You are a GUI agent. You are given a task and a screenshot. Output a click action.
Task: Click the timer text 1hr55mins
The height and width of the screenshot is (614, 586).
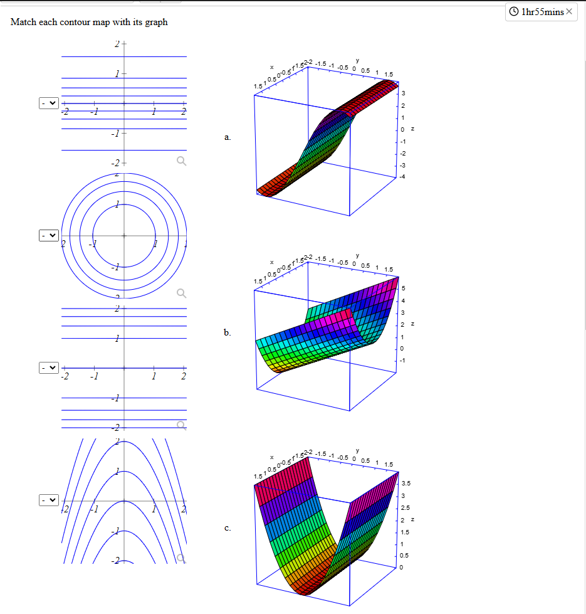542,11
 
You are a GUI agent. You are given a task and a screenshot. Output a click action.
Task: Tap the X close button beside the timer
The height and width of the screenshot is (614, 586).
569,11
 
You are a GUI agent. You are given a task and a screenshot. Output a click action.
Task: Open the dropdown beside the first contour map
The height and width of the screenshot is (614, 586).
48,102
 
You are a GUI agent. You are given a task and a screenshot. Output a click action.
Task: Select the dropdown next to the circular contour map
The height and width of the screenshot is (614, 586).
48,235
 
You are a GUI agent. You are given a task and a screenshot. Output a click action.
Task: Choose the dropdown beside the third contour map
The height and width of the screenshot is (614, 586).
48,368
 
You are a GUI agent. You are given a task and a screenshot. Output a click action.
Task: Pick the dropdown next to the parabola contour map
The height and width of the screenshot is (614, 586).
48,500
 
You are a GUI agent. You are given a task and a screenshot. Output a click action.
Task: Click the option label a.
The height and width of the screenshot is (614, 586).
228,137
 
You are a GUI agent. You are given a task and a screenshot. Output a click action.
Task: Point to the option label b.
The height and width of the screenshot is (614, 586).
228,332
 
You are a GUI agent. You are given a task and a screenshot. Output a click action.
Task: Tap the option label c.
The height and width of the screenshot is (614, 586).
228,528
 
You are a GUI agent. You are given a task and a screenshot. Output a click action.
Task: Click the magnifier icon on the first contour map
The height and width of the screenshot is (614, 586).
181,161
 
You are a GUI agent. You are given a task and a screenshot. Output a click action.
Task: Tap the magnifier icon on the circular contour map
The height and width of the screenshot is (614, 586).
181,293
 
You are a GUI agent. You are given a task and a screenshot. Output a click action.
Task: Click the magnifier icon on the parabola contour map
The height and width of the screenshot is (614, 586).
181,558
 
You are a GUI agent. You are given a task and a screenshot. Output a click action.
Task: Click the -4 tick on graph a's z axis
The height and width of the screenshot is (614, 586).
404,176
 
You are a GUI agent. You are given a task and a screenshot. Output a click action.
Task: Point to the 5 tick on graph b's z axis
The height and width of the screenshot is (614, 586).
403,288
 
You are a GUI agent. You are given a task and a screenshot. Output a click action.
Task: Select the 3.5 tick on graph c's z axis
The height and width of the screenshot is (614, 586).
405,484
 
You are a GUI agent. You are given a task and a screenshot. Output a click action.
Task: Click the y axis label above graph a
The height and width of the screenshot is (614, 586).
357,60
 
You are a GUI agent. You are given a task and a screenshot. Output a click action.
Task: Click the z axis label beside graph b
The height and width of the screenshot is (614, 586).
412,324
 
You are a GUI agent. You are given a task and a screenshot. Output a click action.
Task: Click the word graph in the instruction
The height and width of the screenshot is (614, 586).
157,23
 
